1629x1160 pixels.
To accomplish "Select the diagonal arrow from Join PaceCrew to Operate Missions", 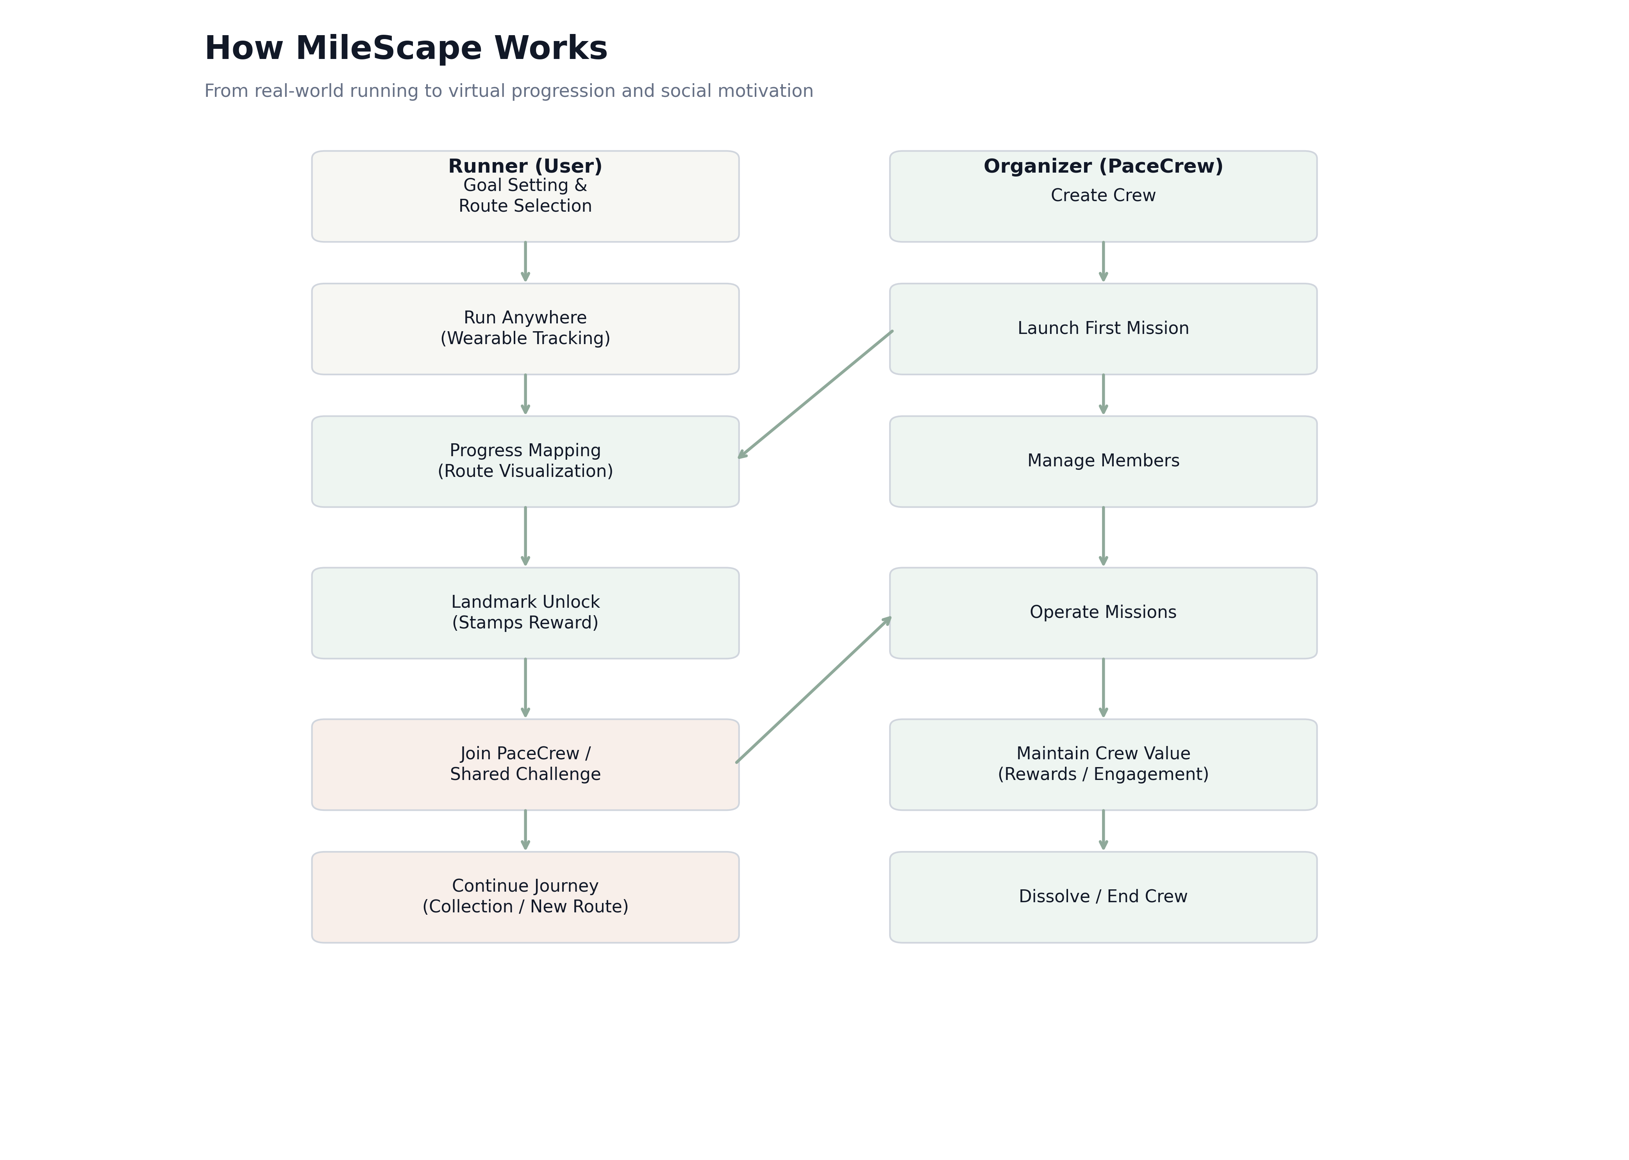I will pos(814,690).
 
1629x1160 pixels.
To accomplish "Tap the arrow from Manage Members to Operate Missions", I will pos(1103,536).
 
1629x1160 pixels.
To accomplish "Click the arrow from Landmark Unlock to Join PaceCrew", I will pos(525,687).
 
